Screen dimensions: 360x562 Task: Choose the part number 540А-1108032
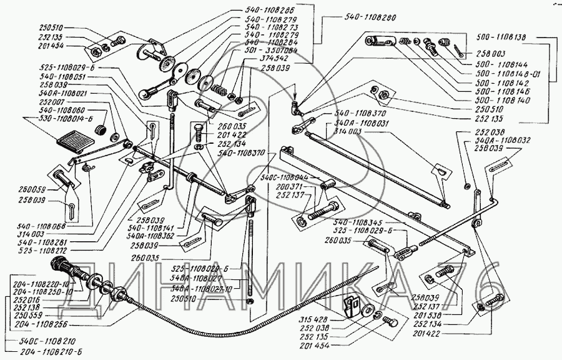pos(503,141)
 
